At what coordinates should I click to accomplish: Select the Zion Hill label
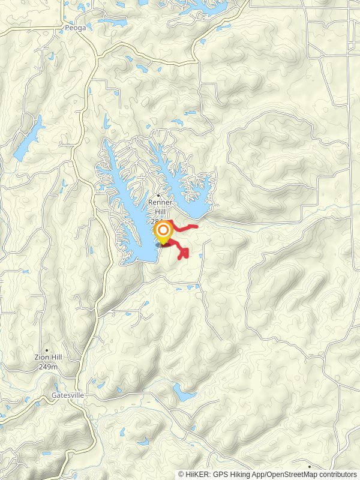point(47,358)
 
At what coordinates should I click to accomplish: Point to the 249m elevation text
point(48,366)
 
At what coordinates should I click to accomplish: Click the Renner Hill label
point(160,207)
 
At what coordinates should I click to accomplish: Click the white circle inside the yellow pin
point(163,230)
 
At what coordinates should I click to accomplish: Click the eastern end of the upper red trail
point(197,226)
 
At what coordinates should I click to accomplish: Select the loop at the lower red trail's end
point(184,254)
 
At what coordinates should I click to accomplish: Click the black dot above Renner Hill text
point(158,196)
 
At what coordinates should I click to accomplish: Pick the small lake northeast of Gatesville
point(184,394)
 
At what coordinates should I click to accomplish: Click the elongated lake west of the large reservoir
point(28,139)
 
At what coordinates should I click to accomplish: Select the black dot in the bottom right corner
point(310,466)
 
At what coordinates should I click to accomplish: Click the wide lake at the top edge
point(192,6)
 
